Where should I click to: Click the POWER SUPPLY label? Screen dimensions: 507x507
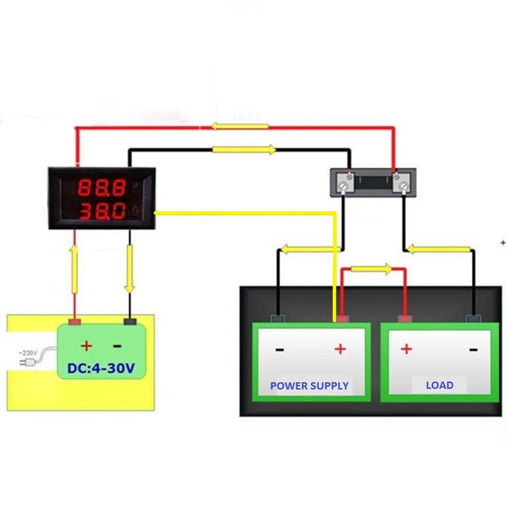pos(309,386)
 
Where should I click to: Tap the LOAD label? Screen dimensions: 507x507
pos(439,385)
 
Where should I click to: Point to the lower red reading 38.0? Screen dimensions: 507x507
pos(102,212)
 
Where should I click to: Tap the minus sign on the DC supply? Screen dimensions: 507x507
pos(117,346)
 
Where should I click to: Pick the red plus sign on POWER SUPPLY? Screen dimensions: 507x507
pos(340,349)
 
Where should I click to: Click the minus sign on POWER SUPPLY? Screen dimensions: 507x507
pos(279,349)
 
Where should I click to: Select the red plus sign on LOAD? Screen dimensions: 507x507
pos(405,349)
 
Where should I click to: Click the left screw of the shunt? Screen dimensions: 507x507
pos(344,187)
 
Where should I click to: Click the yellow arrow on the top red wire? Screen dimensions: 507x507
pos(240,126)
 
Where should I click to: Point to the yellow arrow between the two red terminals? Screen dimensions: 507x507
pos(371,269)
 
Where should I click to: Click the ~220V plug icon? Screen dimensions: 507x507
pos(27,360)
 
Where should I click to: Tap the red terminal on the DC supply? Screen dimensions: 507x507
pos(75,322)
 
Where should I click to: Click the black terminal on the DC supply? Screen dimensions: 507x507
pos(131,322)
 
